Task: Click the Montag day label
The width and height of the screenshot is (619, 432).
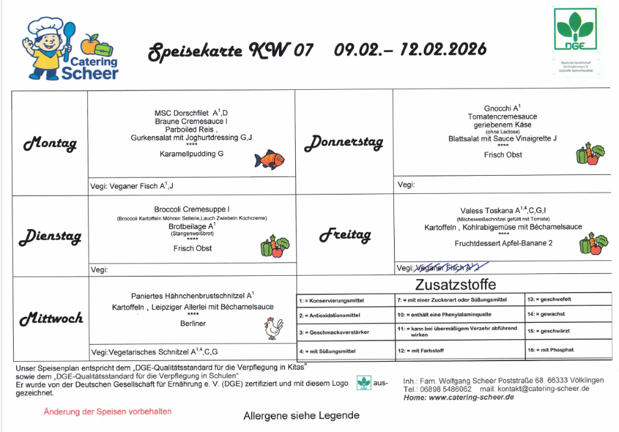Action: pos(50,143)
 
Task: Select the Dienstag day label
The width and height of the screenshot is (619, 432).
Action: pos(50,236)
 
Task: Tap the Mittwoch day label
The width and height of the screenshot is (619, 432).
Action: pos(51,318)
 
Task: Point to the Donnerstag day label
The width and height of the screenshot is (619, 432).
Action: pos(344,141)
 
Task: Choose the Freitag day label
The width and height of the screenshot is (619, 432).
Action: pos(345,235)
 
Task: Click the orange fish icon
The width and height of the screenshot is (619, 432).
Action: pos(269,159)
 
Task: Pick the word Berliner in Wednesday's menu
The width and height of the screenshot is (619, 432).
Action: pos(193,323)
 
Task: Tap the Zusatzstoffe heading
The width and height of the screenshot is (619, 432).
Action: pos(454,285)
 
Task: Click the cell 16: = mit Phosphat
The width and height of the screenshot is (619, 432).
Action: pos(551,350)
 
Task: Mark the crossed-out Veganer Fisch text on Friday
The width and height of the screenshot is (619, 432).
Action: pos(448,267)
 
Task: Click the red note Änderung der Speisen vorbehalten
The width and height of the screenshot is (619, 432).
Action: pos(108,412)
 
